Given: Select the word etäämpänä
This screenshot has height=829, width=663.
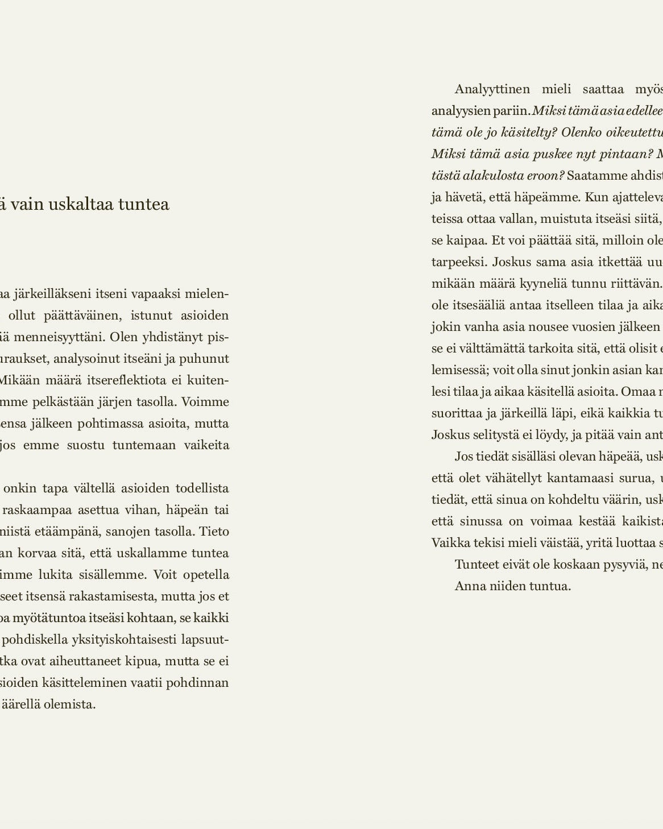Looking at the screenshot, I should tap(73, 532).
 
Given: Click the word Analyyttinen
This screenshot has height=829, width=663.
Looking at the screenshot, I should tap(492, 89).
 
